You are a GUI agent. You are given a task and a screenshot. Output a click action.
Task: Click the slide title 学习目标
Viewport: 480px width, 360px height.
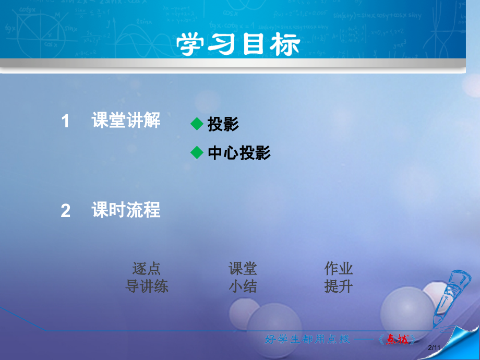click(239, 45)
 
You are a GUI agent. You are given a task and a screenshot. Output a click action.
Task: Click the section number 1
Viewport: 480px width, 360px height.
click(65, 122)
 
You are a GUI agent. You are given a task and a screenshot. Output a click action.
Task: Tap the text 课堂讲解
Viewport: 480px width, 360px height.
click(126, 121)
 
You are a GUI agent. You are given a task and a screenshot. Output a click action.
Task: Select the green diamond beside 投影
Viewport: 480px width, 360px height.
click(196, 124)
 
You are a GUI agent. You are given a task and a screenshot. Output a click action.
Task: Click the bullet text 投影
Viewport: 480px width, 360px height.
click(223, 124)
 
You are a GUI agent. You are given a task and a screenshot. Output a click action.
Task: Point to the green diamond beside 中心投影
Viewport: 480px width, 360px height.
click(196, 152)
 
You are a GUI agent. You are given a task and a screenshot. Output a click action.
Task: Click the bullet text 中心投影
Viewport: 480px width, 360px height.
click(239, 153)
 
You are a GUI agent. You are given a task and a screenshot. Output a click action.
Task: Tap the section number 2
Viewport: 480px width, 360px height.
click(65, 211)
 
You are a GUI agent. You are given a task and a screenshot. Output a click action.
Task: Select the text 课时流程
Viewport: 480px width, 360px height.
click(126, 210)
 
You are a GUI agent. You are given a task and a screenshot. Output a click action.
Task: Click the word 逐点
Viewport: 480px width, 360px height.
click(147, 269)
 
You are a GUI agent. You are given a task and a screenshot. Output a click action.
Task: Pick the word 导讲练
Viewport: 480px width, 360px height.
click(147, 286)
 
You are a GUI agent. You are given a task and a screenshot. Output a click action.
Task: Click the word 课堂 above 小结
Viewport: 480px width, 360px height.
click(243, 269)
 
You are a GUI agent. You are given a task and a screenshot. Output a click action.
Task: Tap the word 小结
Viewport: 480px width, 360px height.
click(243, 286)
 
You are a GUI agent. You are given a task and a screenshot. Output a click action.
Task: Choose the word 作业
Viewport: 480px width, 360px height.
click(339, 269)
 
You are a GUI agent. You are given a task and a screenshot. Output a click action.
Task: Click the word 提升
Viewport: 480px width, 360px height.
click(339, 286)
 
